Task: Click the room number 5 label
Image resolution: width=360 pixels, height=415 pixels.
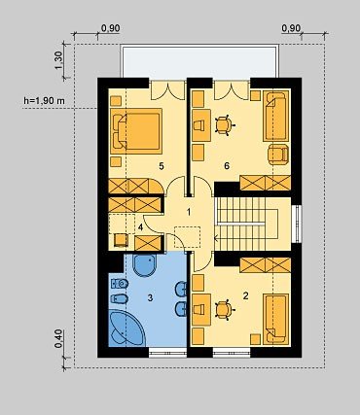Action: tap(162, 166)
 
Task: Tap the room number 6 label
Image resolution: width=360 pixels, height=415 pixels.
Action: tap(227, 166)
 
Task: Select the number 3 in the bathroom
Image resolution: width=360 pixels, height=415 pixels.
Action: tap(150, 297)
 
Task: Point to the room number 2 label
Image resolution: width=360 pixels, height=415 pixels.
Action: tap(245, 295)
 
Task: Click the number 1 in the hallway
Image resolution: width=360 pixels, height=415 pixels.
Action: tap(189, 212)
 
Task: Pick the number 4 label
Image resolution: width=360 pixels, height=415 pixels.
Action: tap(140, 227)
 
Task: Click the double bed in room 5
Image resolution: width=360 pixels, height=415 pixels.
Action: tap(136, 131)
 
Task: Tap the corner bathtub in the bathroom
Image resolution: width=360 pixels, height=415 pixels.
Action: tap(126, 328)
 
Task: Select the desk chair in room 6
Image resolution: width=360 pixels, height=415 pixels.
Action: tap(224, 124)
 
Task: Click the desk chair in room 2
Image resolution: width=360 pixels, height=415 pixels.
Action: tap(224, 310)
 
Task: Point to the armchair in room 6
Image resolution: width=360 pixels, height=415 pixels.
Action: tap(278, 154)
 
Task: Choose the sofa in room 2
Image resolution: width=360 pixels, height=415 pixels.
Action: tap(276, 319)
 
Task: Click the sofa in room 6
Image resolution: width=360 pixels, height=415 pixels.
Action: tap(276, 116)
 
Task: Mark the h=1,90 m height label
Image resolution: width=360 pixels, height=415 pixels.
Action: tap(44, 101)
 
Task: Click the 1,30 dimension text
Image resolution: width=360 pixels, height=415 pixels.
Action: tap(58, 60)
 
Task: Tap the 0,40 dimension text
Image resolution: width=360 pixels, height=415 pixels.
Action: tap(58, 339)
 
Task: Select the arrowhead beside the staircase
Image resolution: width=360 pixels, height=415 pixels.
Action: tap(216, 239)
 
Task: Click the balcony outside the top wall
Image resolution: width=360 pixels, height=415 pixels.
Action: tap(199, 61)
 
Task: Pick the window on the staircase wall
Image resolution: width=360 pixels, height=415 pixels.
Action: tap(297, 224)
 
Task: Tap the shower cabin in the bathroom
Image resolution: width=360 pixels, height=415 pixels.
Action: tap(145, 265)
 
